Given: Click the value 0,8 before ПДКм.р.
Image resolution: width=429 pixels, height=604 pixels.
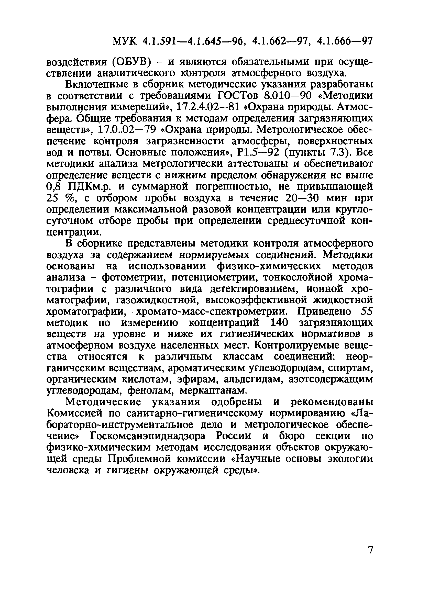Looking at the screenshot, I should coord(54,187).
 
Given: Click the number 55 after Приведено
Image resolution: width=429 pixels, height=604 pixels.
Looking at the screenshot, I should coord(366,311).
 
